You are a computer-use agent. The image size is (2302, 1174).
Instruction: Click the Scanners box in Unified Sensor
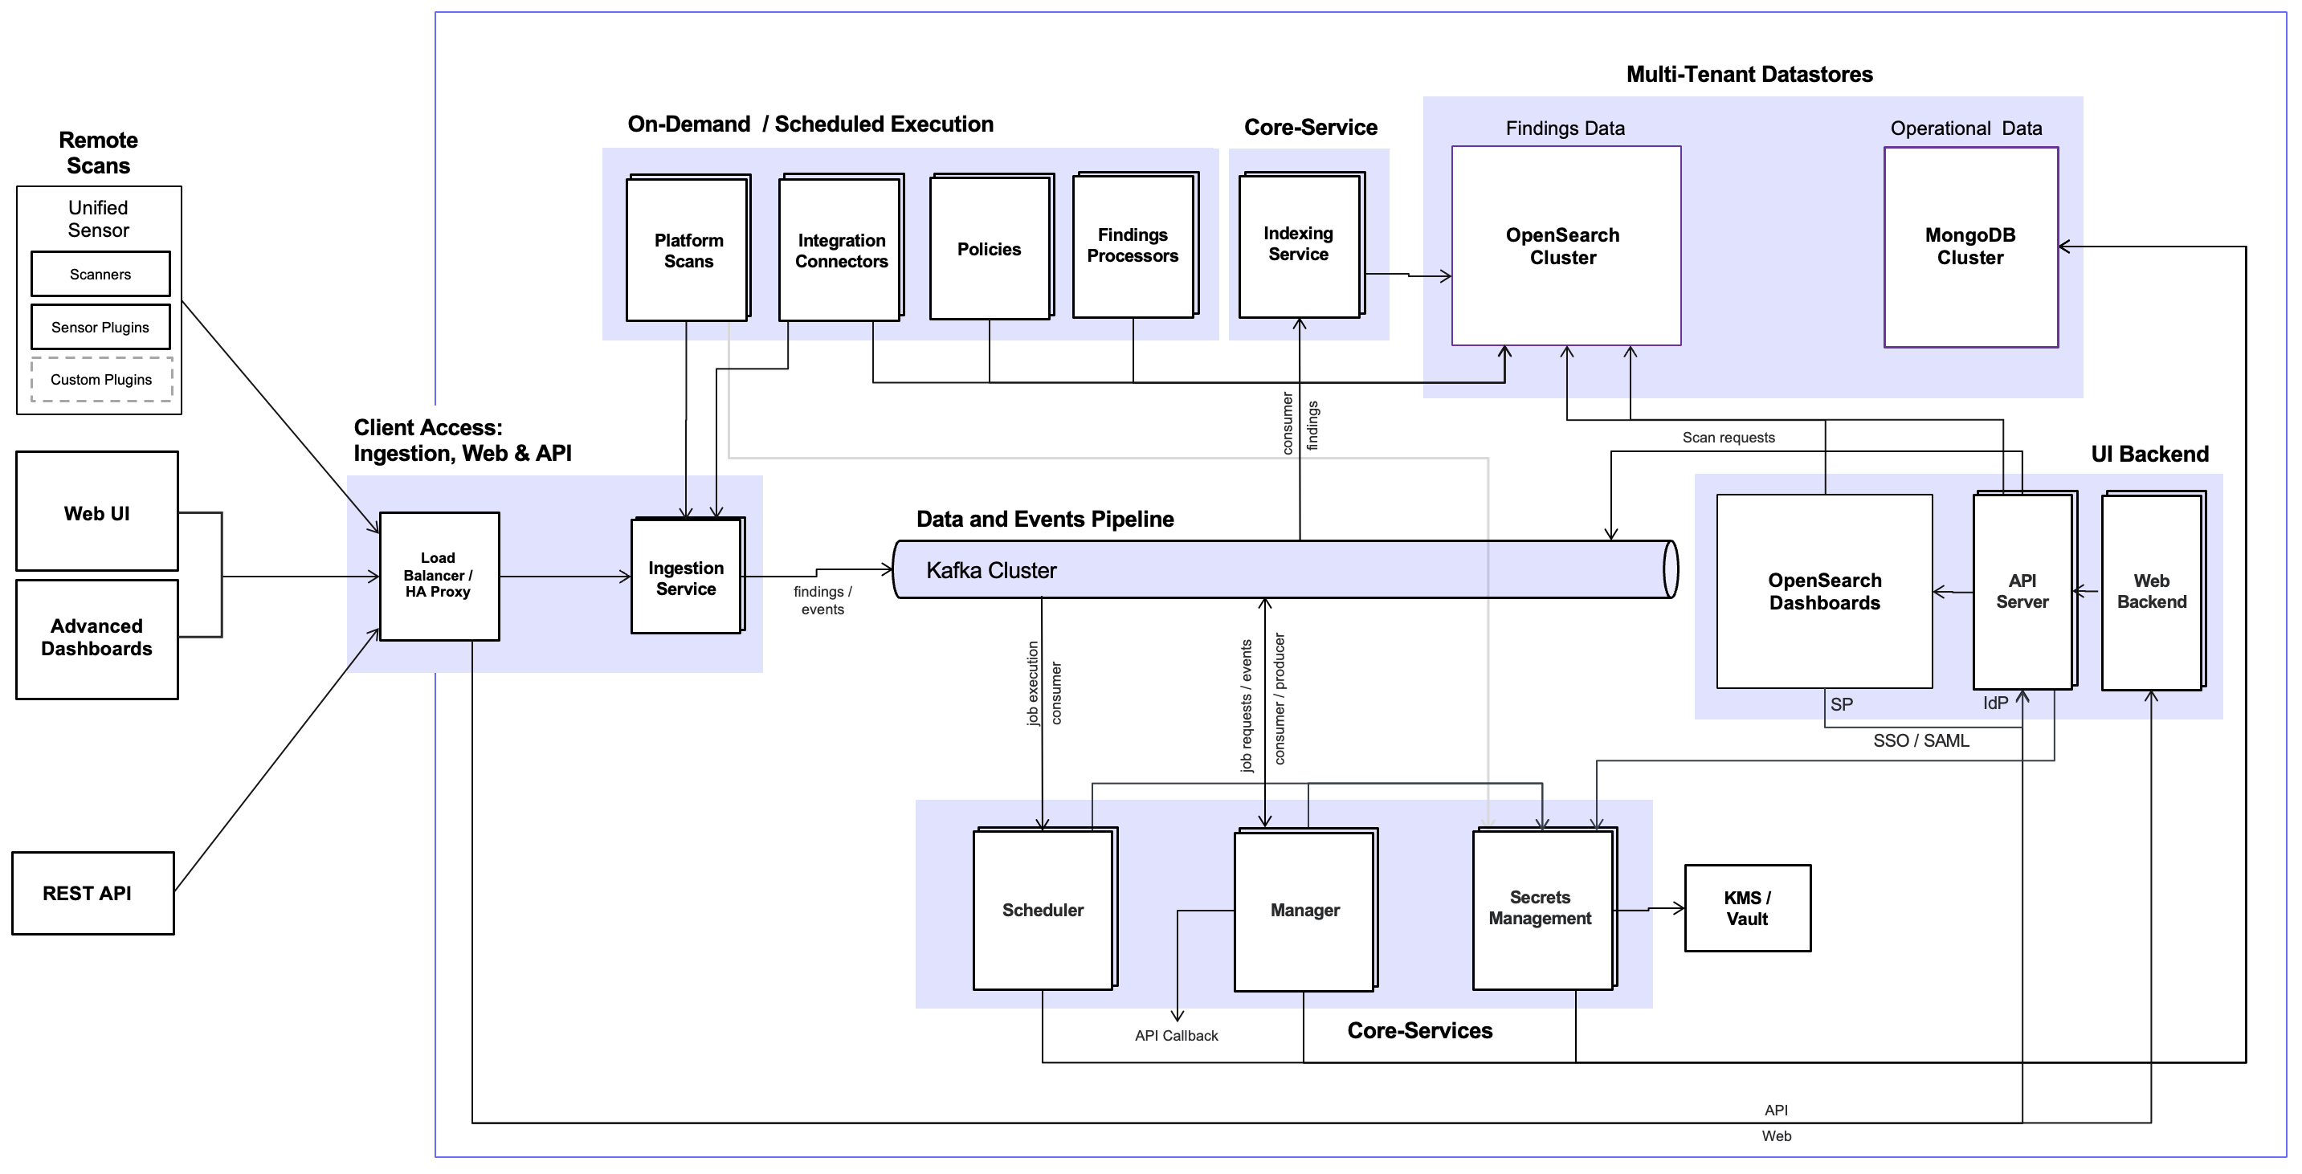[x=100, y=275]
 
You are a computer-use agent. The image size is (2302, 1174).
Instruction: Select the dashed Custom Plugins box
[x=101, y=380]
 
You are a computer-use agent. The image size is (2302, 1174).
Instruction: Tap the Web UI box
[x=96, y=512]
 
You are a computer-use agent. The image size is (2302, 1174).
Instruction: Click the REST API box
[x=92, y=894]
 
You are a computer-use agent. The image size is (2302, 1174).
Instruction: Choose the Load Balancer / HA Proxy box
[x=438, y=576]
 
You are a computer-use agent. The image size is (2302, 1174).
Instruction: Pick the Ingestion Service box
[x=686, y=577]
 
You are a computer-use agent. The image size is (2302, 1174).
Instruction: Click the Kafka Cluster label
[x=991, y=570]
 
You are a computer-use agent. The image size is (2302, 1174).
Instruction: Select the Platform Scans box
[x=688, y=251]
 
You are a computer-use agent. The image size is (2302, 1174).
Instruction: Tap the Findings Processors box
[x=1133, y=246]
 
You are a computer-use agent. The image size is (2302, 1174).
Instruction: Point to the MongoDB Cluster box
[x=1969, y=247]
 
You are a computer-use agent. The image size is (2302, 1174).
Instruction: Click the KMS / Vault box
[x=1747, y=907]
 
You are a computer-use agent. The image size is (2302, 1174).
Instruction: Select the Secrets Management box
[x=1541, y=907]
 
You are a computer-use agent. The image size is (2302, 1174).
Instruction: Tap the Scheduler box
[x=1042, y=910]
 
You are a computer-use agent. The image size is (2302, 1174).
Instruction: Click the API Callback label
[x=1176, y=1036]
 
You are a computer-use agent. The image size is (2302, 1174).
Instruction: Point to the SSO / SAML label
[x=1920, y=740]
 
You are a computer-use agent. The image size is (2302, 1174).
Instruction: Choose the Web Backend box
[x=2151, y=592]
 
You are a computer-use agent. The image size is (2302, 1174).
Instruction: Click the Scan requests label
[x=1729, y=438]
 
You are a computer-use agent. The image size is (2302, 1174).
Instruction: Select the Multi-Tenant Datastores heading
[x=1749, y=74]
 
